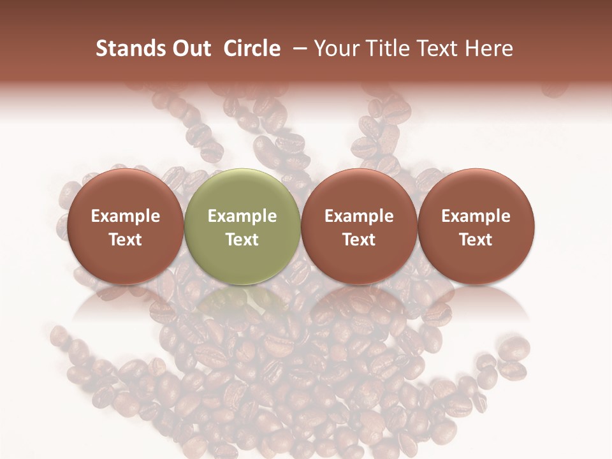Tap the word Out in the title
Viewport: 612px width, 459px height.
tap(190, 48)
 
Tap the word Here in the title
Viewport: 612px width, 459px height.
tap(488, 48)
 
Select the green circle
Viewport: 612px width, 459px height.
tap(242, 226)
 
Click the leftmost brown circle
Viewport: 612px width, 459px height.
tap(126, 226)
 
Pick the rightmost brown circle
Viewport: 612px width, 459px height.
tap(476, 226)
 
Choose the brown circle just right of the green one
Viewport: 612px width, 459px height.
tap(359, 226)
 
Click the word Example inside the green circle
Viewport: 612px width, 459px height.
tap(242, 216)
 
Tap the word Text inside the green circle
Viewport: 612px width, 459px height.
tap(242, 239)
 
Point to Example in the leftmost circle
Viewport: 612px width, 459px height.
tap(126, 216)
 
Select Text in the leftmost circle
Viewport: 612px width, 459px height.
tap(126, 239)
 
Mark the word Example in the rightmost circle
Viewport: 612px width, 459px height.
tap(476, 216)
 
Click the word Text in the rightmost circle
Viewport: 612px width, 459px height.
tap(476, 239)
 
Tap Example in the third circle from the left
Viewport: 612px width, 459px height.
tap(359, 216)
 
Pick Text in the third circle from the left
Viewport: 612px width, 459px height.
tap(359, 239)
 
